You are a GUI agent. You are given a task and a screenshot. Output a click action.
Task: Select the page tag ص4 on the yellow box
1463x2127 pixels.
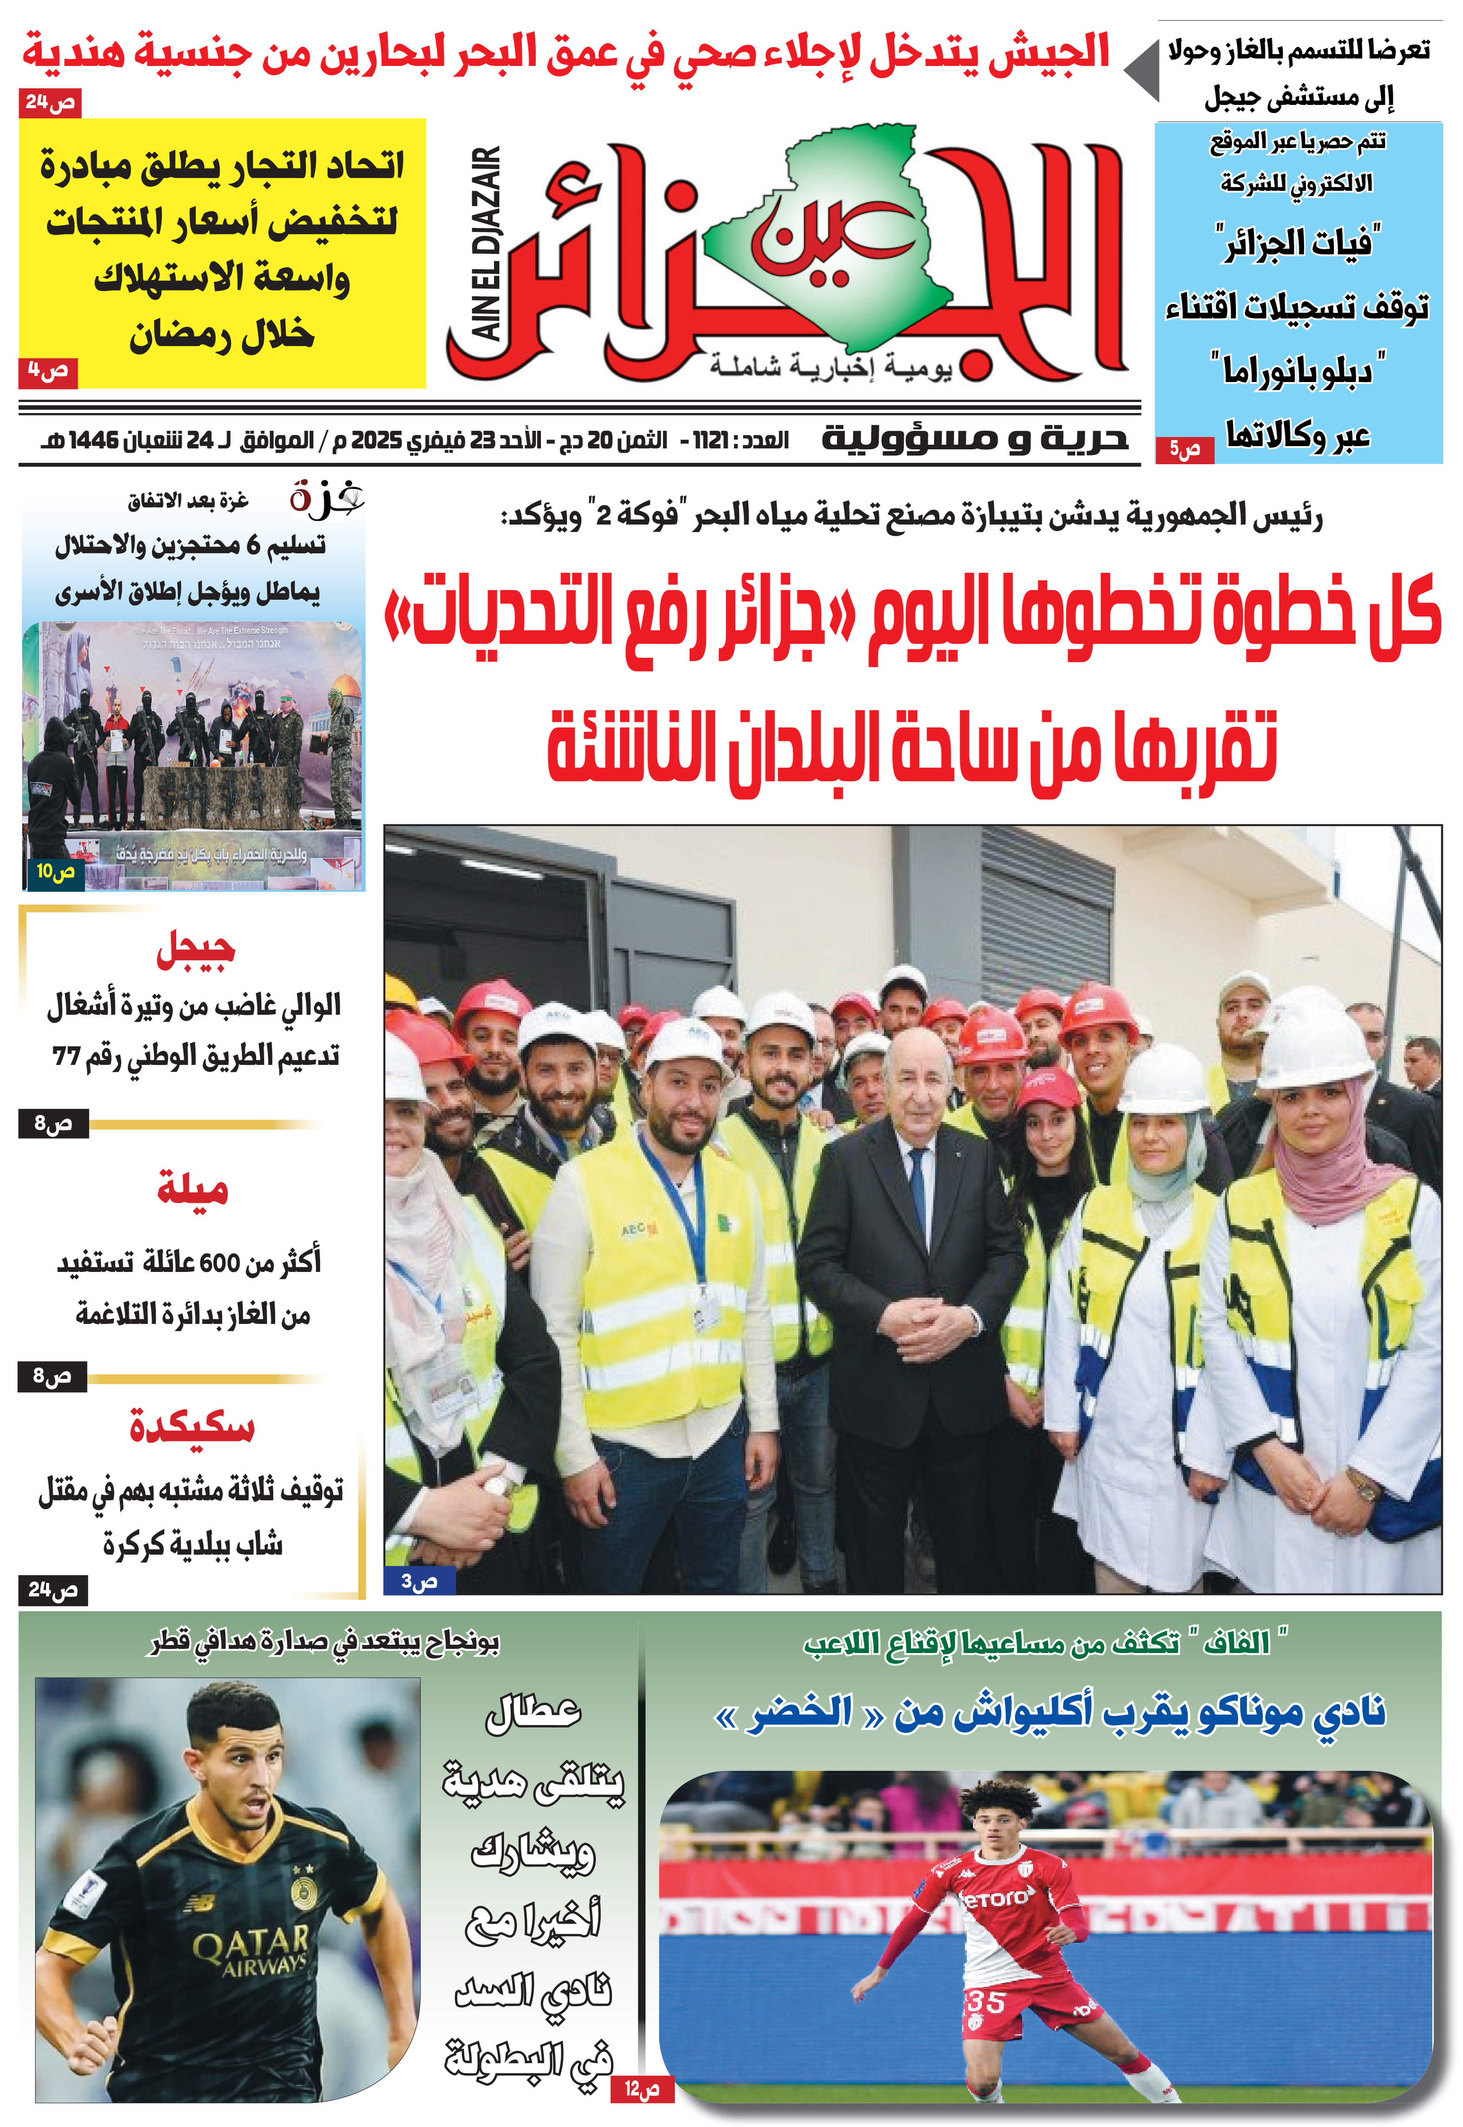pos(48,371)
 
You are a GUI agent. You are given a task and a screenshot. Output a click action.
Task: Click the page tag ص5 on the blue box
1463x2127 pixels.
pos(1184,449)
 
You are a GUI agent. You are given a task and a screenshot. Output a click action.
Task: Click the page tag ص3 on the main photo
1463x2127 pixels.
pos(419,1581)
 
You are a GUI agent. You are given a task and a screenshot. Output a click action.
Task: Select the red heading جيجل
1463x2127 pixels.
pos(195,950)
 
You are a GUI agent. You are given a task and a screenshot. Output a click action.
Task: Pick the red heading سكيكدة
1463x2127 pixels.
pos(192,1426)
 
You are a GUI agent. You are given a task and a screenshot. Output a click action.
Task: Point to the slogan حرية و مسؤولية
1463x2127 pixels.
pos(974,438)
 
